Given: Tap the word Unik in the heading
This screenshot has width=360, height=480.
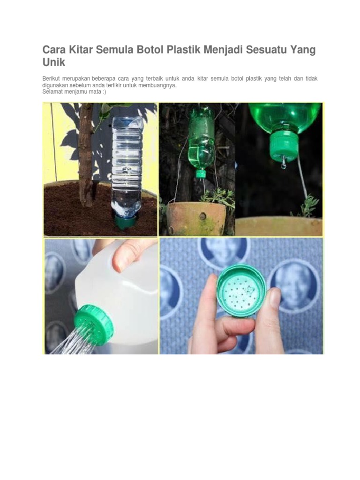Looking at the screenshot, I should (x=53, y=62).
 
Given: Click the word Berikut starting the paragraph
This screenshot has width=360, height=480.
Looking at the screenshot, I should (x=52, y=78).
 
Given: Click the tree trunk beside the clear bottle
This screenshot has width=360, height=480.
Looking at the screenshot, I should (x=86, y=155).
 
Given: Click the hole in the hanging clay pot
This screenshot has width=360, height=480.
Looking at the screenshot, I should (x=202, y=217).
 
